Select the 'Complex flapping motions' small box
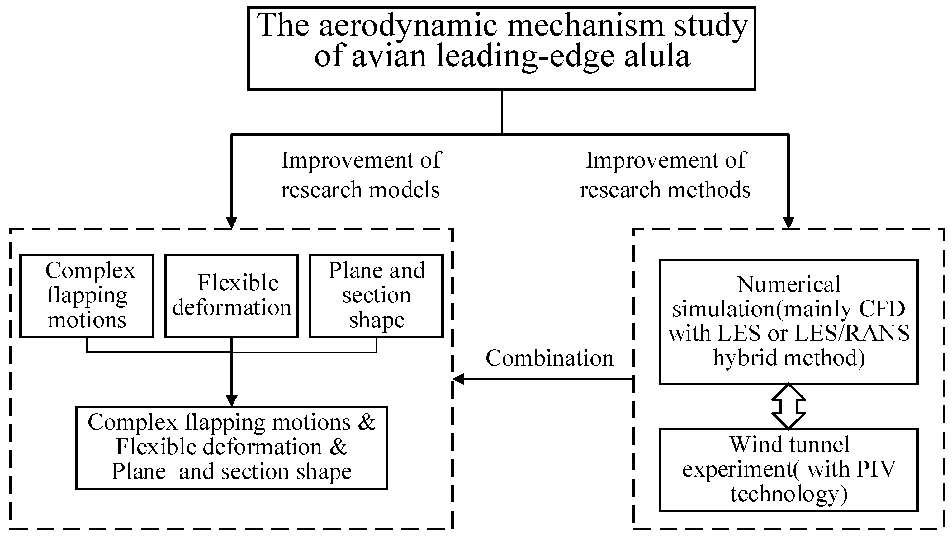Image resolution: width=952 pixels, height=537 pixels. (87, 296)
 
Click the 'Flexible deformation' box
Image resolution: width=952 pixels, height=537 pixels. (232, 296)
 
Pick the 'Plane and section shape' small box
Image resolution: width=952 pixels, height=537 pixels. (376, 296)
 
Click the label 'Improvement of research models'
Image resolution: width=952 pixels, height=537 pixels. (361, 175)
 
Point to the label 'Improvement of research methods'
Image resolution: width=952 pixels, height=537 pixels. (665, 175)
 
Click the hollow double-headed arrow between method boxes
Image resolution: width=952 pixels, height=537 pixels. (789, 407)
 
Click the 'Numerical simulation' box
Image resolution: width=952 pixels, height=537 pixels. (789, 322)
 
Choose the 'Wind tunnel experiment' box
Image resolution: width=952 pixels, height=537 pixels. (789, 470)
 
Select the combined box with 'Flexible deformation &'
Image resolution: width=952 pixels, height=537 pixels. (232, 448)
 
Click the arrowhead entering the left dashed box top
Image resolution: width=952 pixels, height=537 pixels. (231, 223)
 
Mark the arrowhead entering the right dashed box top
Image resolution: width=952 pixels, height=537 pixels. (789, 223)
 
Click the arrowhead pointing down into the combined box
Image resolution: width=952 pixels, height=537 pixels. (231, 401)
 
